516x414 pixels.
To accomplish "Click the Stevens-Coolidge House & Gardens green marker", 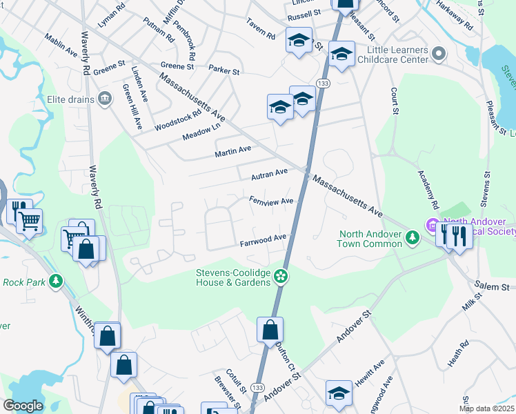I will click(281, 277).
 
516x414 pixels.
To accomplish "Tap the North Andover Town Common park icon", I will click(413, 238).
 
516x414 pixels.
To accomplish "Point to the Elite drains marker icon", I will click(105, 98).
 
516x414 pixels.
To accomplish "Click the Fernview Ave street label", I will click(272, 201).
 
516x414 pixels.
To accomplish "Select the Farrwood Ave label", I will click(263, 241).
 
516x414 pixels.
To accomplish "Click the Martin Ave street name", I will click(232, 150).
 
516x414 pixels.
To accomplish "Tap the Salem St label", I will click(493, 286).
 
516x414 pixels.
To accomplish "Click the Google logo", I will click(23, 406).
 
